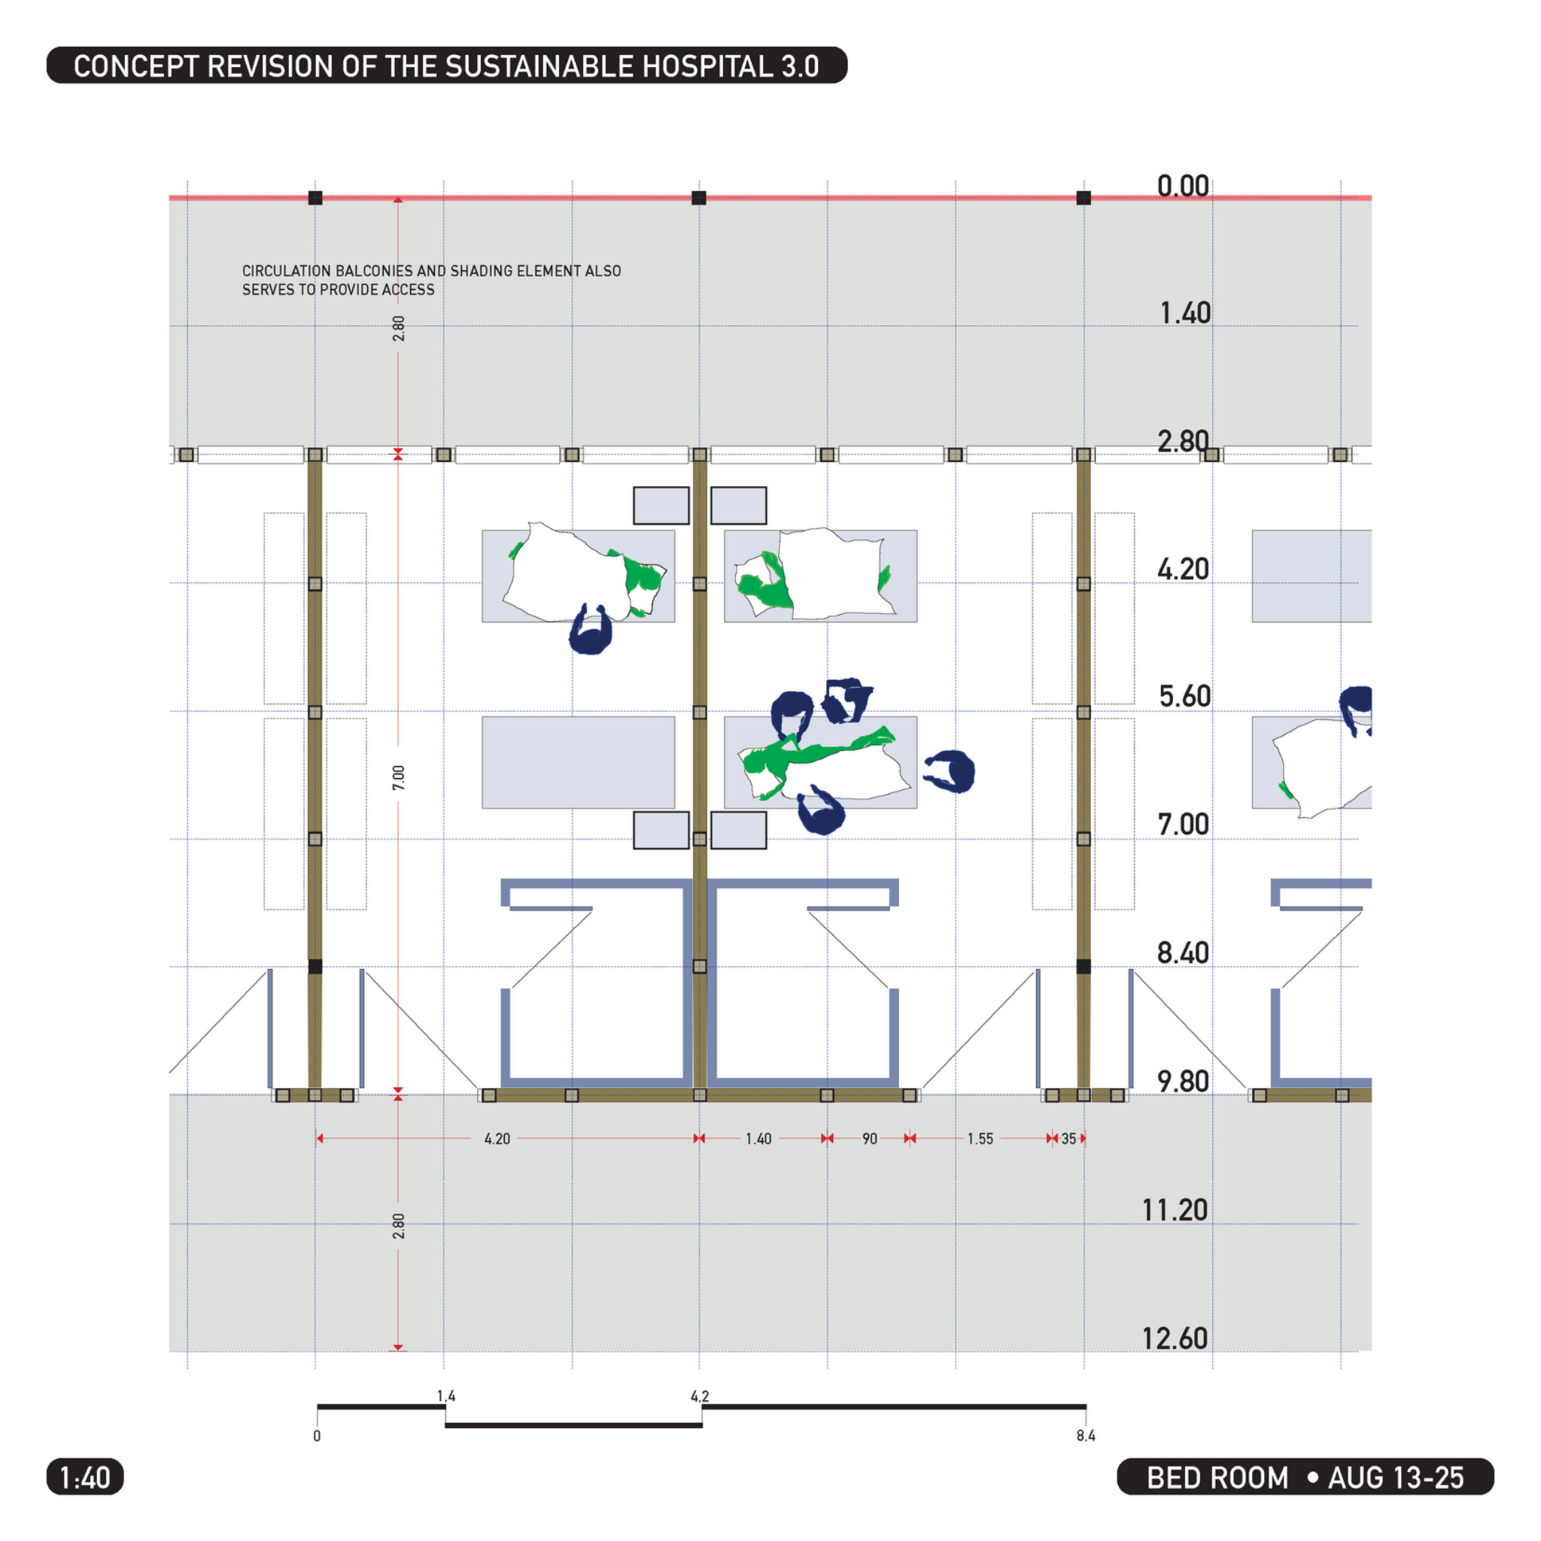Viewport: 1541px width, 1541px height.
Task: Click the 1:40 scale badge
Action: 85,1477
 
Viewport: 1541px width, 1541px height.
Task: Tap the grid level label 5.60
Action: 1184,696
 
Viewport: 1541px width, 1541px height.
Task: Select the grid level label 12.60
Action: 1175,1339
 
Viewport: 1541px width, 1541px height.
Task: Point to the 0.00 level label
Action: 1184,186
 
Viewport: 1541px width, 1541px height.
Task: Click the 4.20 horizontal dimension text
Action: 497,1138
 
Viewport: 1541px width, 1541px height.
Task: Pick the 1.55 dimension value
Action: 980,1138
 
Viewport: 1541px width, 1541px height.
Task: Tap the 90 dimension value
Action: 869,1138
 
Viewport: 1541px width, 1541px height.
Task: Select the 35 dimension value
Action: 1068,1138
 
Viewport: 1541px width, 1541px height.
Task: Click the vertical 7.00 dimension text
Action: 399,778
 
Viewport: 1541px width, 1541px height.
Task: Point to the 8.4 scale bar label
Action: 1086,1436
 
